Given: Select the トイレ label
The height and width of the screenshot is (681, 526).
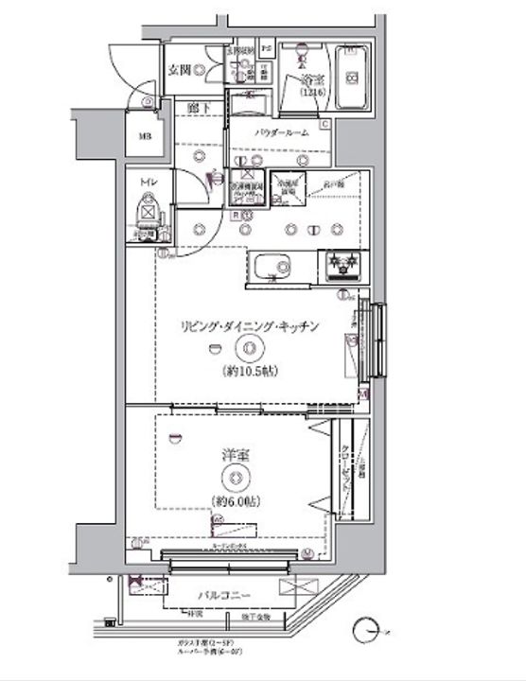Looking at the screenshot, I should tap(149, 181).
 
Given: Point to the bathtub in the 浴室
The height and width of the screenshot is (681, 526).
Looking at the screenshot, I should tap(349, 78).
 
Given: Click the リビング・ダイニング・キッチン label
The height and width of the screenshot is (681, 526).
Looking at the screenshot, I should tap(250, 326).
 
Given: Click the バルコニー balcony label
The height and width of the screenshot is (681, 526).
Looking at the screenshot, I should tap(223, 595).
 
